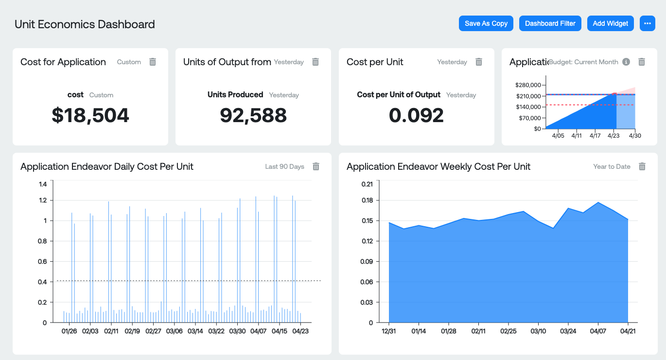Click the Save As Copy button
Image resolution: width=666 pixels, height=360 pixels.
click(486, 23)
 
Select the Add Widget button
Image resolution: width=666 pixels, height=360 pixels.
click(610, 23)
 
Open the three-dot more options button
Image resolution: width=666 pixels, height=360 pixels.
click(647, 23)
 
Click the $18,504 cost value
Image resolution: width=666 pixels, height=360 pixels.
click(90, 115)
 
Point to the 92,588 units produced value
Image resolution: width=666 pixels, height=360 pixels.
click(253, 115)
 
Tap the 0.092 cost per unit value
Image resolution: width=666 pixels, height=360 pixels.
click(416, 115)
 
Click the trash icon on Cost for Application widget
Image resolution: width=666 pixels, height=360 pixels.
click(153, 62)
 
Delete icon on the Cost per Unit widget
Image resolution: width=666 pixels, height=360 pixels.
click(479, 62)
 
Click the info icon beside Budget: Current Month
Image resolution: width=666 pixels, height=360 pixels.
click(626, 62)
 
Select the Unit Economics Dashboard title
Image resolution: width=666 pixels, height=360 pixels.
click(85, 24)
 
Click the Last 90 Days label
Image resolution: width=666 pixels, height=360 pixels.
click(284, 166)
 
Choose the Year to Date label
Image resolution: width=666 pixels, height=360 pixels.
click(612, 166)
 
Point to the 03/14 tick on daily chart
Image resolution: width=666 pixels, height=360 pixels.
click(195, 331)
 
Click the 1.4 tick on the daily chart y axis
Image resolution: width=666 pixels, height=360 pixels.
click(43, 184)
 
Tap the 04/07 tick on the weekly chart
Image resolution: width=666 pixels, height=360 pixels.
click(598, 331)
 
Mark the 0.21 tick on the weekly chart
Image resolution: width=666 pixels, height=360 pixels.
click(367, 184)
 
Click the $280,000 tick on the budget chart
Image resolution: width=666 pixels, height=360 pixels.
click(527, 85)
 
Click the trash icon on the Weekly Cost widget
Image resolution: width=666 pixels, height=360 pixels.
click(642, 166)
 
